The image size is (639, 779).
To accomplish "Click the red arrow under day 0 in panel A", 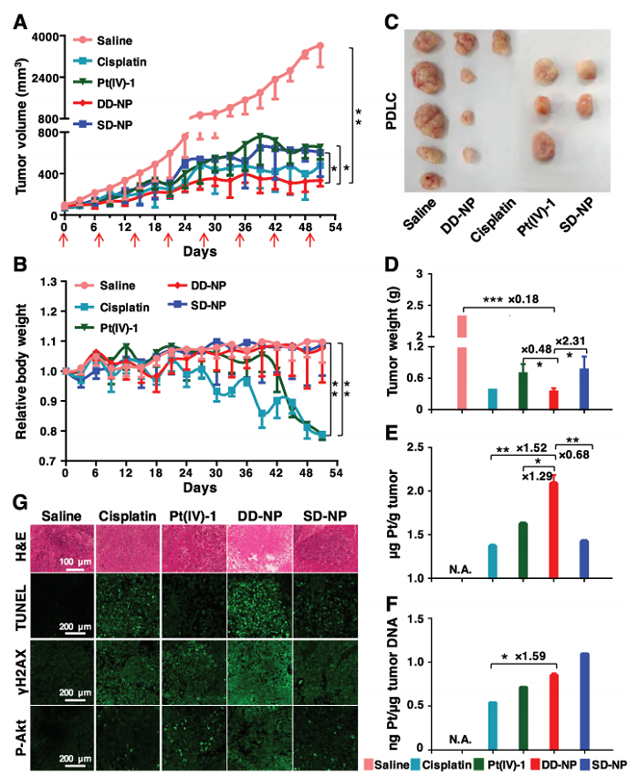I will [64, 240].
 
